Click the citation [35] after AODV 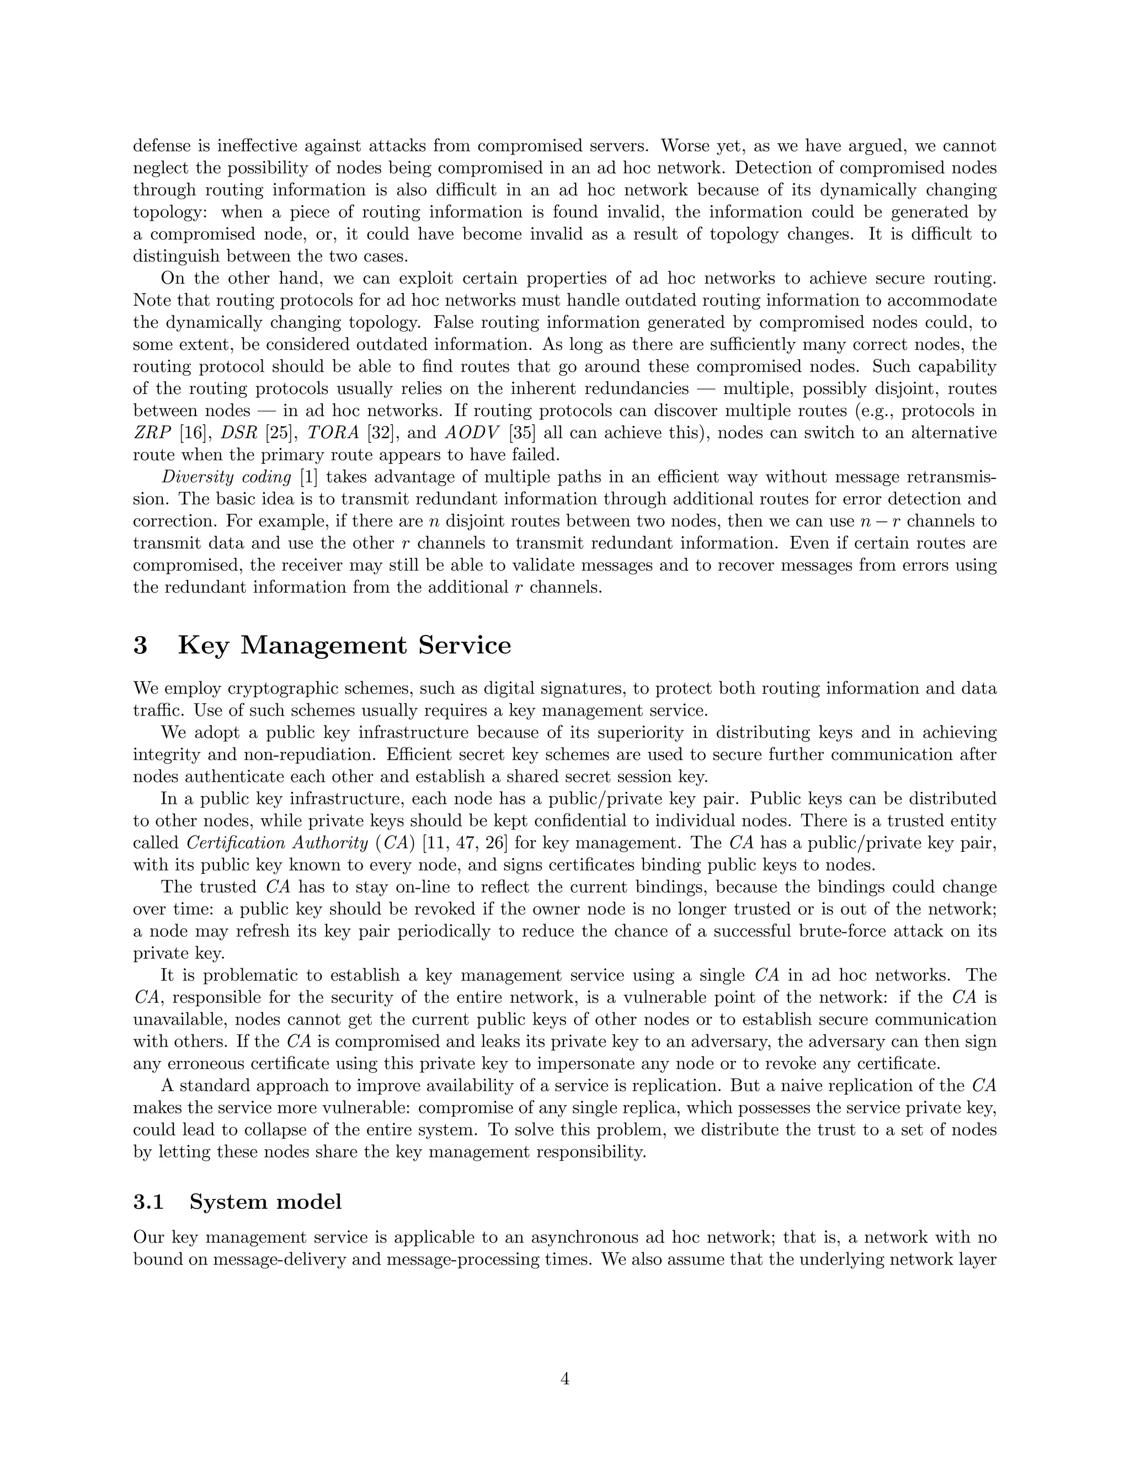(522, 433)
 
